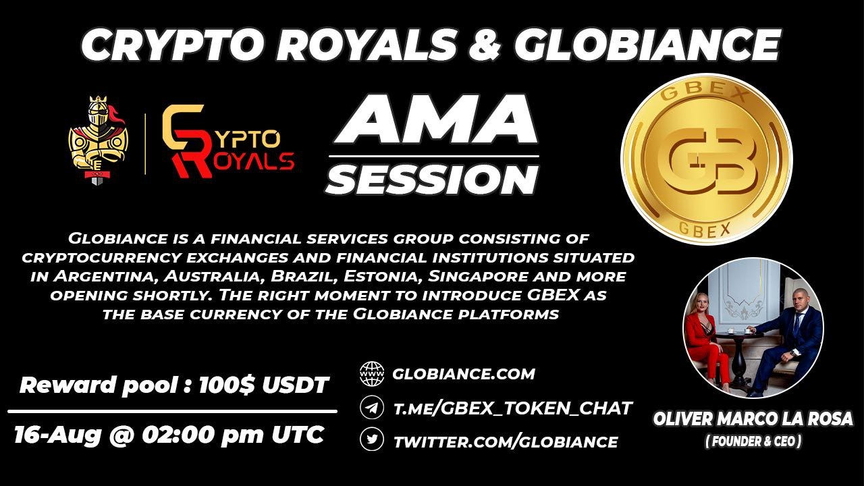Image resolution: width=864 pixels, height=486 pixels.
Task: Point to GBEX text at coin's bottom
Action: coord(705,229)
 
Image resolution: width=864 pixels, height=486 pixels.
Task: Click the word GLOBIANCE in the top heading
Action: coord(647,45)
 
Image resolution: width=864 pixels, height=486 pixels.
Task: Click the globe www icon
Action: coord(371,373)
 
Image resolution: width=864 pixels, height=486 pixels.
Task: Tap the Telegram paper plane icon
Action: coord(371,407)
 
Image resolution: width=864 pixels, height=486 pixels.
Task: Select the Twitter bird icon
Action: coord(371,440)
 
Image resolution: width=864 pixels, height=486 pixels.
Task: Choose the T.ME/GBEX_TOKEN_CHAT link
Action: coord(512,408)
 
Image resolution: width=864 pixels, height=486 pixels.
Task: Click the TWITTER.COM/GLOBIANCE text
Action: coord(505,442)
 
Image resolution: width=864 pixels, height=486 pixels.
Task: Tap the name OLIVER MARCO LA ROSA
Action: coord(753,419)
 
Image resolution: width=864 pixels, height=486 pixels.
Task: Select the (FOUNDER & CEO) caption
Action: coord(753,442)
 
